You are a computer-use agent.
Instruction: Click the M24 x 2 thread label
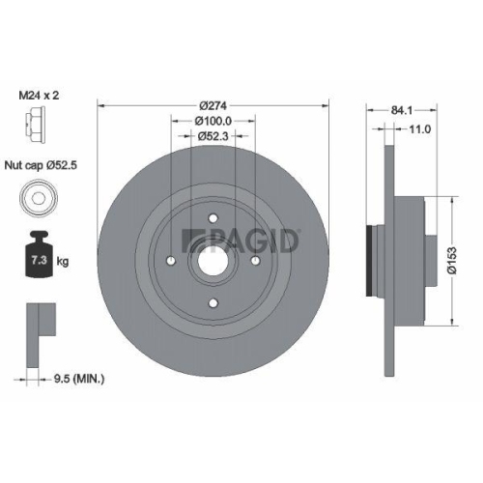[46, 98]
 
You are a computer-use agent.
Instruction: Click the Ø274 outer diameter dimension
[213, 104]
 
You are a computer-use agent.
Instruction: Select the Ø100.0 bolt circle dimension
[213, 121]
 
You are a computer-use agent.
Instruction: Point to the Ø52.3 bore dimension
[213, 136]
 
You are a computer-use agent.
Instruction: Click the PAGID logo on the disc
[242, 239]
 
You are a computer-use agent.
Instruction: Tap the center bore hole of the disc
[213, 259]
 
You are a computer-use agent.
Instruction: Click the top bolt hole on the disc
[213, 217]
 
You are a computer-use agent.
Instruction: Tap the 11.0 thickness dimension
[418, 128]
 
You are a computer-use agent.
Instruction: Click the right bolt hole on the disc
[255, 259]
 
